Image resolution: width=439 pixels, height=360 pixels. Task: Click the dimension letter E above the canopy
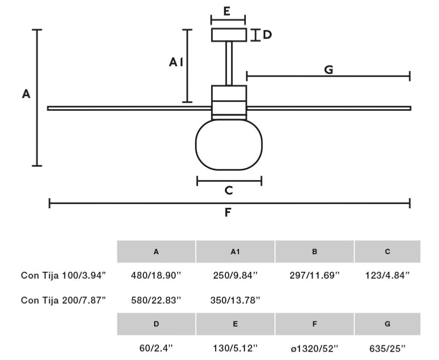point(227,11)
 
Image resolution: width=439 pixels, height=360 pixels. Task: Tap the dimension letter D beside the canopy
point(267,35)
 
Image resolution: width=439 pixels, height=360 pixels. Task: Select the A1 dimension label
point(176,62)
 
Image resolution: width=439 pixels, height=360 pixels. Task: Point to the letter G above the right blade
point(329,70)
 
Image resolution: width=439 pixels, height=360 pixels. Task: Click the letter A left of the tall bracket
point(26,94)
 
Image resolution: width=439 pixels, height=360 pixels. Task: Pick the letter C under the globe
point(228,191)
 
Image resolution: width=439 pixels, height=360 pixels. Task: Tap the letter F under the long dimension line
point(228,213)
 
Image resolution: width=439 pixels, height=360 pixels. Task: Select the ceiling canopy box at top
point(229,35)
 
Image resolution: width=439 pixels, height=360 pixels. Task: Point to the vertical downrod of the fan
point(229,63)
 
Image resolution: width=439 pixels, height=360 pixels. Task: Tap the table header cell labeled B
point(315,252)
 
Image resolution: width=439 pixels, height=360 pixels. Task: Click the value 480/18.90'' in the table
point(156,275)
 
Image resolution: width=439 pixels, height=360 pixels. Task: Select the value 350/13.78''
point(235,300)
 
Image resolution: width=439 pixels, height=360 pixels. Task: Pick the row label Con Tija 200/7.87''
point(63,300)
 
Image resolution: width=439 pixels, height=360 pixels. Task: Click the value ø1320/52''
point(315,348)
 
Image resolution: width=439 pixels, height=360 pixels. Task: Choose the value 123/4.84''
point(387,275)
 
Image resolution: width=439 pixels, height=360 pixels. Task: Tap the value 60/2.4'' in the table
point(156,348)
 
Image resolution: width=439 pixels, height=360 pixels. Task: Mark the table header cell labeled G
point(387,324)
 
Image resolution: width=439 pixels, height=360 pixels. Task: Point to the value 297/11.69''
point(315,275)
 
